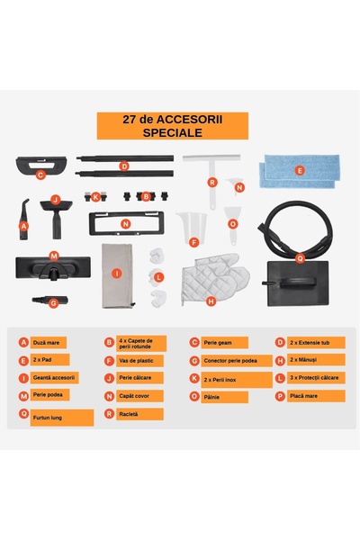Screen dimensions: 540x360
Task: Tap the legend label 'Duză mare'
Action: (46, 342)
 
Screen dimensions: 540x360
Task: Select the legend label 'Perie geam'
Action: (219, 342)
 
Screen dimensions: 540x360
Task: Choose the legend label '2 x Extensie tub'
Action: (310, 342)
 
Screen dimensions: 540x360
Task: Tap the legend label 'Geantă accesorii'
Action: (55, 377)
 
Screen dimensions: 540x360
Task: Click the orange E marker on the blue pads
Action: (300, 169)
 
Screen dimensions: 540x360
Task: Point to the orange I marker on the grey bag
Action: (116, 272)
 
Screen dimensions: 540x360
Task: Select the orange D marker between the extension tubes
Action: (124, 166)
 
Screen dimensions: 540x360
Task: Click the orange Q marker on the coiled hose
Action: (300, 256)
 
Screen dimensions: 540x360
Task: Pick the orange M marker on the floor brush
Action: (54, 256)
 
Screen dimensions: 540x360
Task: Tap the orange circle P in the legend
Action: (280, 395)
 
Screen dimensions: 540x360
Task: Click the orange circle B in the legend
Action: (109, 342)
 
